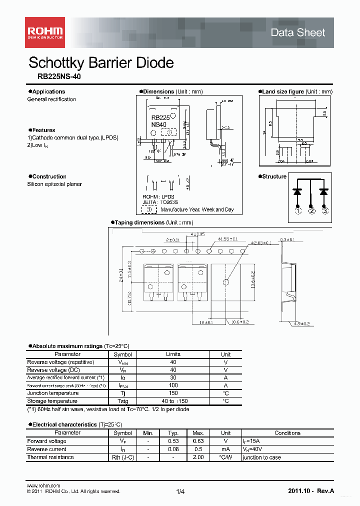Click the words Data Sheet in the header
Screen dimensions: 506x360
click(297, 32)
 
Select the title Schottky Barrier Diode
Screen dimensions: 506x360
click(101, 63)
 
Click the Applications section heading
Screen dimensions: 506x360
click(48, 91)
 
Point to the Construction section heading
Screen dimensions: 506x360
click(49, 176)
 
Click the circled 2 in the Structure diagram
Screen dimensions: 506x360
click(311, 211)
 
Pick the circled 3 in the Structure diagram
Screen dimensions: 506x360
click(325, 211)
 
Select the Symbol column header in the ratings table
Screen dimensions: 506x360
click(123, 354)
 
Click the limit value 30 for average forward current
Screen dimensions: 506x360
click(173, 377)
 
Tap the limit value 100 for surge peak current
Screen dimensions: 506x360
click(173, 385)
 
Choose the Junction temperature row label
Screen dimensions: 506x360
click(52, 393)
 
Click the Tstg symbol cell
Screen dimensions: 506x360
click(123, 401)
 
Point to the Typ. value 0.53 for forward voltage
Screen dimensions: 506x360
click(173, 441)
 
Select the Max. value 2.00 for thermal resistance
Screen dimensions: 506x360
click(198, 457)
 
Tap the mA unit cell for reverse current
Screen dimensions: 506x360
click(226, 449)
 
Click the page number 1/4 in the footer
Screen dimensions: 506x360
click(180, 492)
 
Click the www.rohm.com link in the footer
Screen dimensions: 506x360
click(43, 485)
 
